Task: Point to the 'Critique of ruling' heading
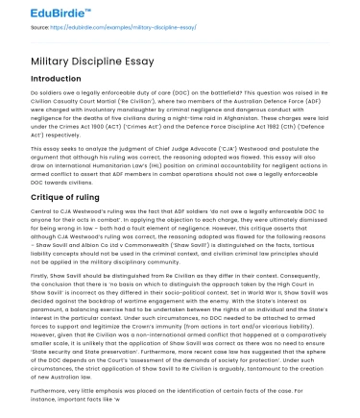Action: click(72, 196)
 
